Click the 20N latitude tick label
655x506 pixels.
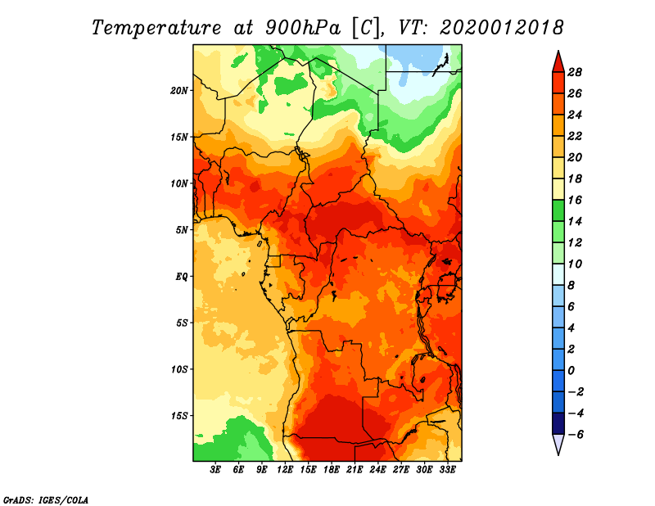tap(179, 91)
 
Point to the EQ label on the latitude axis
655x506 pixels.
tap(182, 277)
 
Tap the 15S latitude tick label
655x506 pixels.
tap(179, 416)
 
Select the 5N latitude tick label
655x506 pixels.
tap(182, 230)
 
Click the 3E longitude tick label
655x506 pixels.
tap(215, 470)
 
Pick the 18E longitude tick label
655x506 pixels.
tap(332, 470)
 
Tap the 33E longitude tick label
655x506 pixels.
tap(447, 470)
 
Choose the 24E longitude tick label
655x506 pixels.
tap(377, 470)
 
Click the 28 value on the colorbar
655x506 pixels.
tap(575, 72)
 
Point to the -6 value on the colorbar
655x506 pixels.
tap(575, 435)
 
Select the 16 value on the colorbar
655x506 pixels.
tap(575, 200)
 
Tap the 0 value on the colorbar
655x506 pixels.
tap(571, 371)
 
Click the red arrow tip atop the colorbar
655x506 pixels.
tap(558, 52)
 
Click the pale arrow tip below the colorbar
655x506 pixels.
tap(558, 454)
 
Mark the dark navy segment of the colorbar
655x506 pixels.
tap(558, 423)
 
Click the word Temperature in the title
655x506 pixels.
tap(156, 29)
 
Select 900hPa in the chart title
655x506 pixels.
tap(302, 29)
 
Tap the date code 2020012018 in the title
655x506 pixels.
tap(502, 28)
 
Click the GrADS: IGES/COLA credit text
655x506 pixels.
tap(46, 500)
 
